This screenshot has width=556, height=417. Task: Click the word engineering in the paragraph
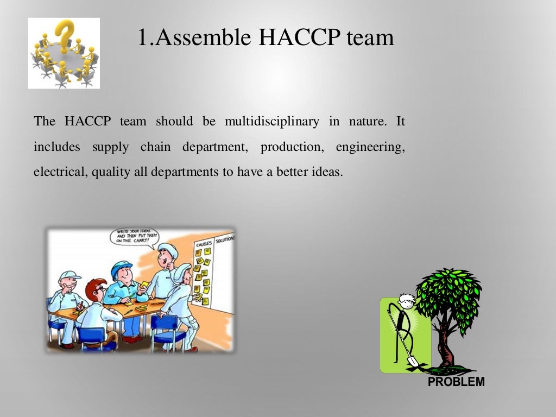pos(370,147)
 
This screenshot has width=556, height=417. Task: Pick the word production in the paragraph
pos(292,147)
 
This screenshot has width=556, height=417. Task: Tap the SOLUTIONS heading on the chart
pos(224,239)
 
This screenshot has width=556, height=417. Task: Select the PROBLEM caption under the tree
pos(456,382)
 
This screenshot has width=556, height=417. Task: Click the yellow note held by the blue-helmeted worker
pos(145,286)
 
